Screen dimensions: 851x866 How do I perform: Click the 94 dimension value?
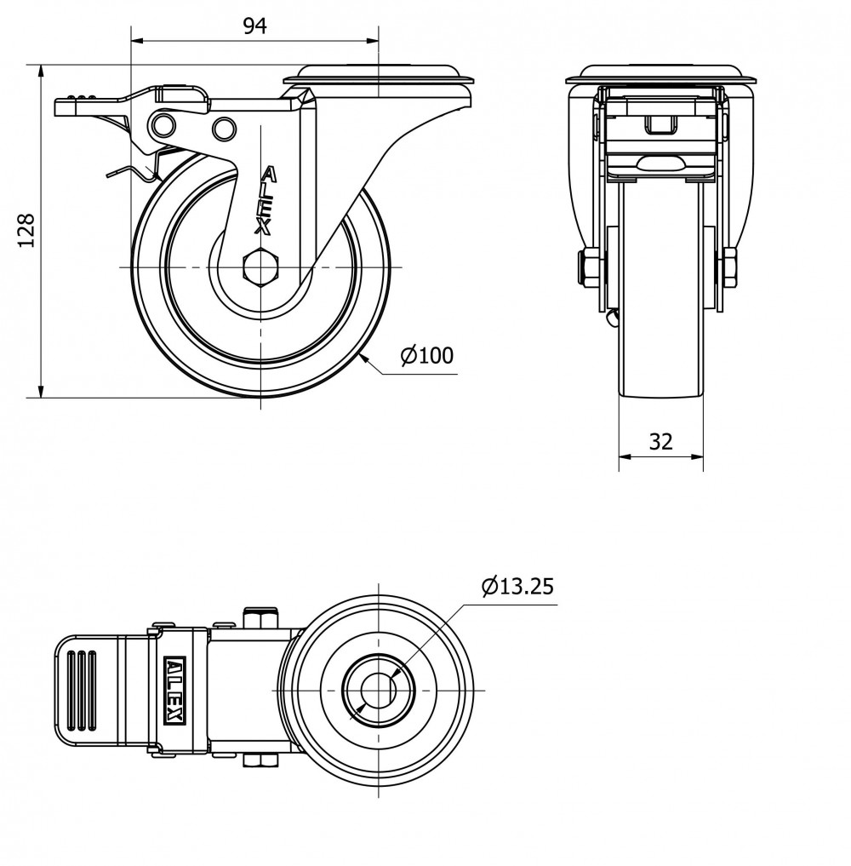[255, 26]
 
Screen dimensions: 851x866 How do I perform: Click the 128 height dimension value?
[26, 230]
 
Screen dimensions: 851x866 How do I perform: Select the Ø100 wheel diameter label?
[427, 356]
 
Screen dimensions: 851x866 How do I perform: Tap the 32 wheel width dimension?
[660, 441]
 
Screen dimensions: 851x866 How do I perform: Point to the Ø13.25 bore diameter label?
[517, 586]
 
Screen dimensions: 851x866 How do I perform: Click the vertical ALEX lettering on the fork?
[265, 201]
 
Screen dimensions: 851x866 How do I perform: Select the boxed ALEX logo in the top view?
[175, 691]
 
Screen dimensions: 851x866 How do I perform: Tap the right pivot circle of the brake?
[224, 129]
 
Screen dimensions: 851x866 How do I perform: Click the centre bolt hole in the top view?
[379, 691]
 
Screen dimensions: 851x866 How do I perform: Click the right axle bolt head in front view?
[729, 268]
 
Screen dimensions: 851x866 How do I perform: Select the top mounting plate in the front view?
[661, 75]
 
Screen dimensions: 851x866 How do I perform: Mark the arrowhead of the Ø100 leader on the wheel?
[364, 359]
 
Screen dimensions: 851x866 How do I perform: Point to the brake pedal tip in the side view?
[57, 106]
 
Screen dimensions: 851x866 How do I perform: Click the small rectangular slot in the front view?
[660, 125]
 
